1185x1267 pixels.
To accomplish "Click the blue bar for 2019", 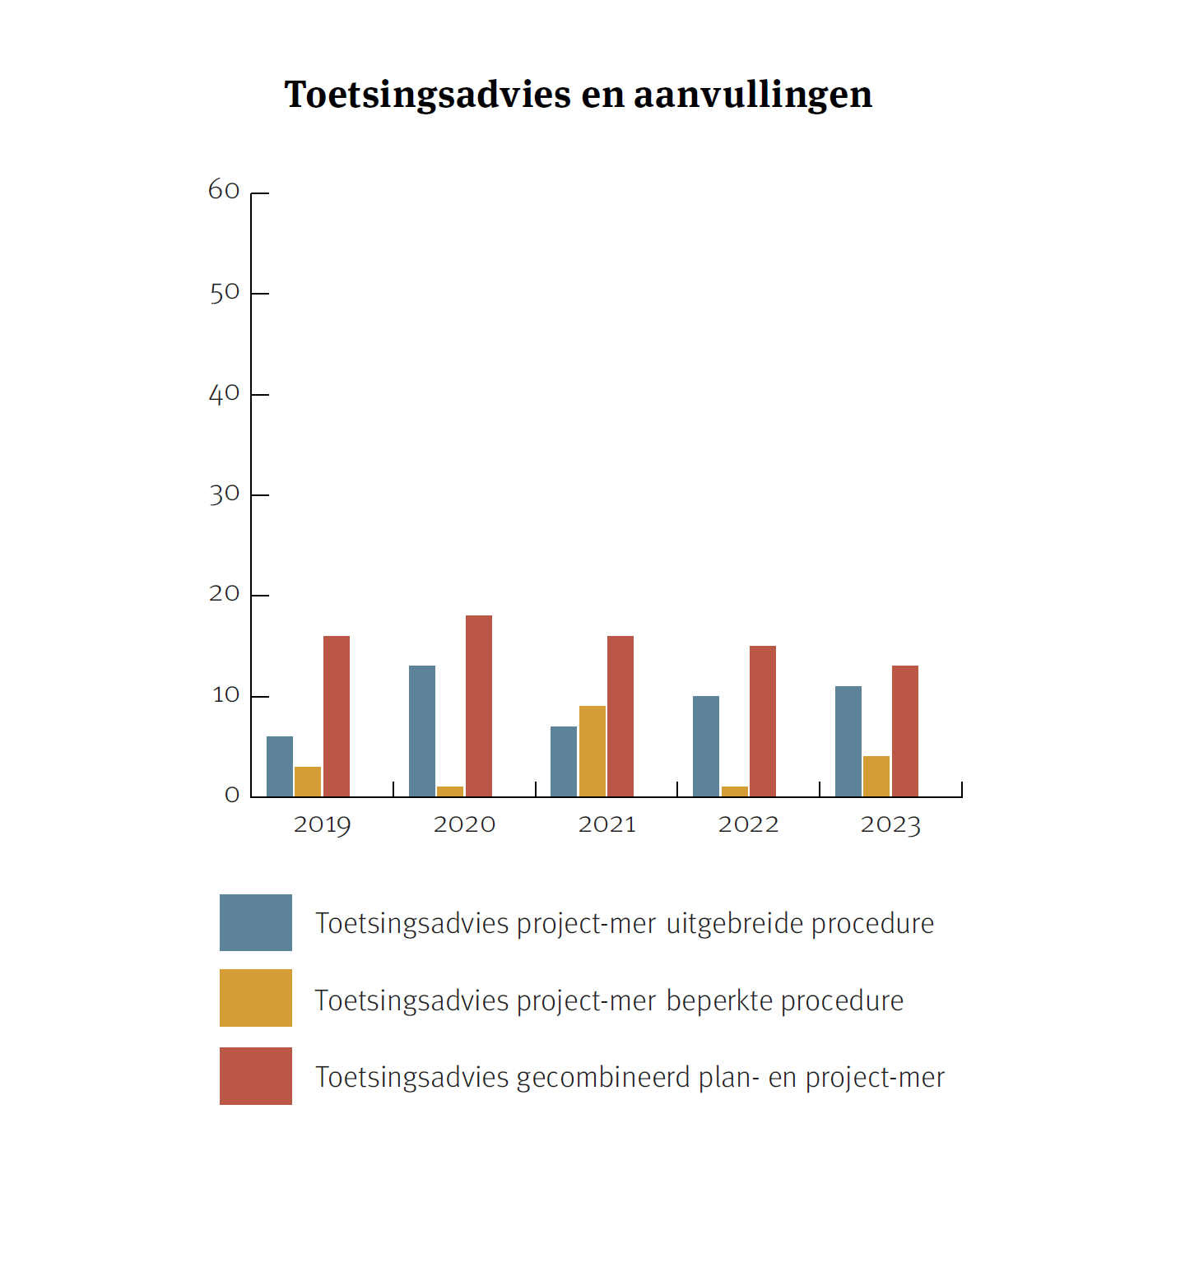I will pyautogui.click(x=280, y=767).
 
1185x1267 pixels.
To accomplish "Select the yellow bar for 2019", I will pyautogui.click(x=308, y=782).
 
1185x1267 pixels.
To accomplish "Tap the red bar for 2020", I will pyautogui.click(x=479, y=706).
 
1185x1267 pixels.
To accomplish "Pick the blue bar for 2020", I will pyautogui.click(x=422, y=731).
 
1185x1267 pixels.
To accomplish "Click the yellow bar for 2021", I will pyautogui.click(x=592, y=751).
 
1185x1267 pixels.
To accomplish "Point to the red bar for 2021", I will pyautogui.click(x=620, y=716).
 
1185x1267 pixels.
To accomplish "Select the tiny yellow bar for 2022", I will pyautogui.click(x=735, y=791).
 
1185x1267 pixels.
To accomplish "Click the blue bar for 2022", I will pyautogui.click(x=706, y=746).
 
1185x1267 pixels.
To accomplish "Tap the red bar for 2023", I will pyautogui.click(x=905, y=731).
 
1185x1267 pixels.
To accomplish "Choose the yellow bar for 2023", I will pyautogui.click(x=876, y=776).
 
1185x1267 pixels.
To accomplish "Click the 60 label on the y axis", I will pyautogui.click(x=224, y=191).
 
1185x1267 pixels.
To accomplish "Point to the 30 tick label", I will pyautogui.click(x=224, y=494).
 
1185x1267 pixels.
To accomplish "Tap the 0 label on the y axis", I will pyautogui.click(x=232, y=795).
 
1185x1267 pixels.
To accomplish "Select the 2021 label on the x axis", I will pyautogui.click(x=607, y=824).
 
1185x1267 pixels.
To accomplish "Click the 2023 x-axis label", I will pyautogui.click(x=890, y=824).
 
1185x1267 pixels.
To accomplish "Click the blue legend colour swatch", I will pyautogui.click(x=256, y=922).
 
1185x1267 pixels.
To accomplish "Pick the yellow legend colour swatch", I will pyautogui.click(x=256, y=998).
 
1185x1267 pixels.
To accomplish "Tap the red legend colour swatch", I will pyautogui.click(x=256, y=1075).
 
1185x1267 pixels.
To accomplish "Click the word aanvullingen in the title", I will pyautogui.click(x=753, y=95).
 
